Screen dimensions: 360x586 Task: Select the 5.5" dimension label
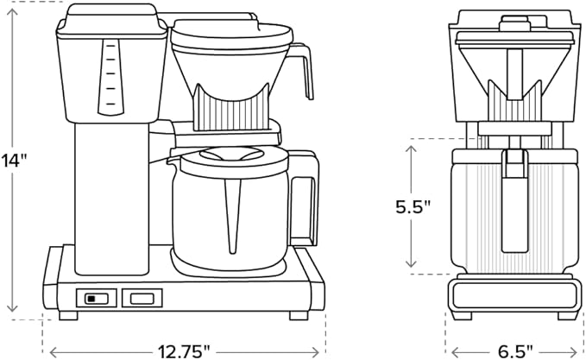pos(413,206)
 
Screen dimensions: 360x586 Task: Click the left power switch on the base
pos(96,299)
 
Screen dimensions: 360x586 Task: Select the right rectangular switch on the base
pos(142,299)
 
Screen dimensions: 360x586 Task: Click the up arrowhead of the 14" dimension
pos(13,7)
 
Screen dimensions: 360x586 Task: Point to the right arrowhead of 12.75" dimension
pos(321,351)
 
